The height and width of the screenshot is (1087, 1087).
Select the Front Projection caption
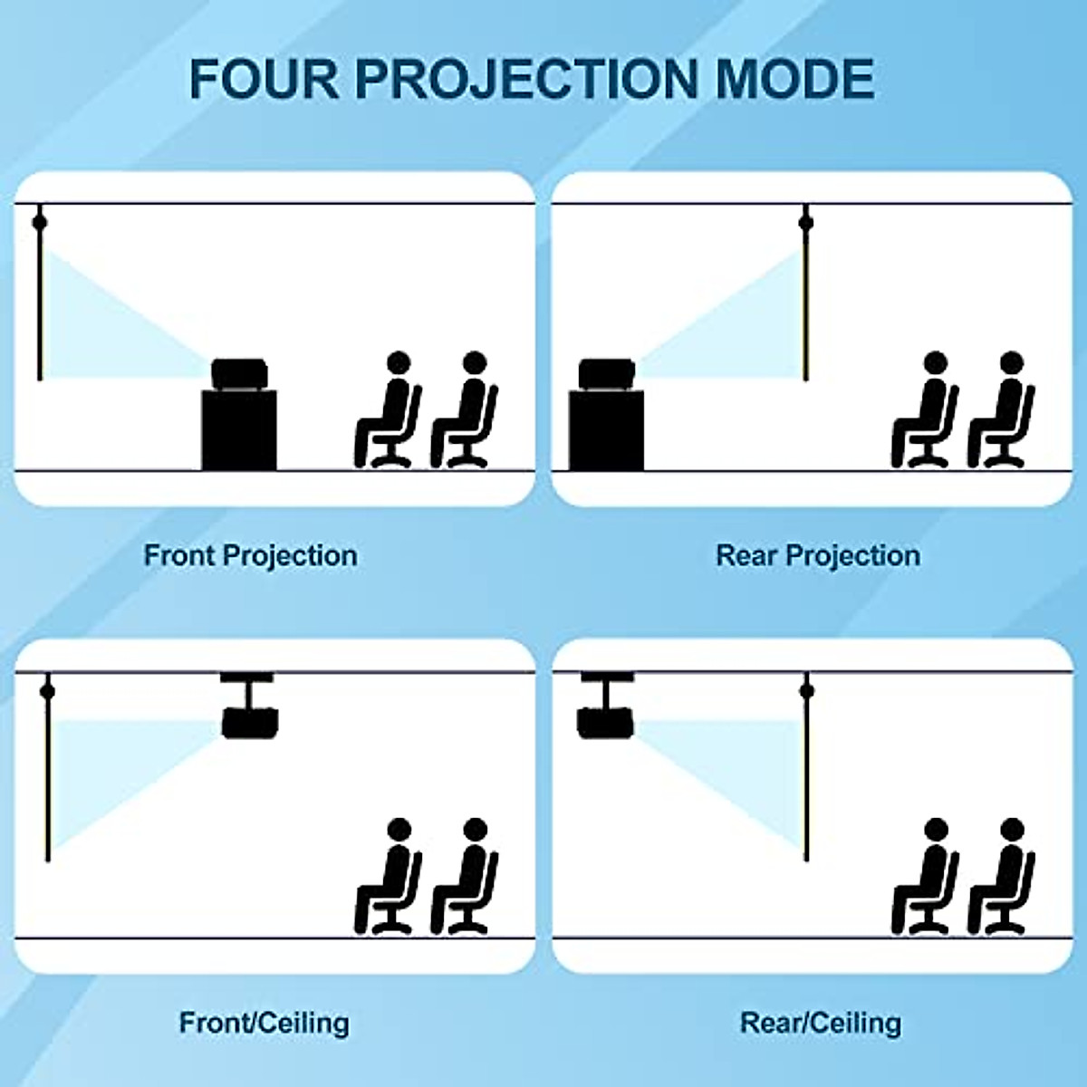[x=250, y=555]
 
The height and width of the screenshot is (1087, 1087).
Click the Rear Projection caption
[x=818, y=555]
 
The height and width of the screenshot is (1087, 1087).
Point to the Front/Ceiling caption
[x=264, y=1023]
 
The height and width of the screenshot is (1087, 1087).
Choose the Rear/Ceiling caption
[x=821, y=1023]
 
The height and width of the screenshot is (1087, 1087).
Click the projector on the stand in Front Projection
[x=243, y=374]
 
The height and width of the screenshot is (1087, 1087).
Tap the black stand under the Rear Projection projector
[x=606, y=430]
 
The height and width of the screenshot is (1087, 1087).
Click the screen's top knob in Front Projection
[x=39, y=222]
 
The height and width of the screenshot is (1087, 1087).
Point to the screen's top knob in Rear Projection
[x=805, y=222]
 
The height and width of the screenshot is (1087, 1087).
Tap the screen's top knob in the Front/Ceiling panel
[x=47, y=692]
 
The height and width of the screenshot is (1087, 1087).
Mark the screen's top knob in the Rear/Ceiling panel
[x=806, y=692]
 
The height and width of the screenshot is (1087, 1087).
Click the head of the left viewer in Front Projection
[x=398, y=363]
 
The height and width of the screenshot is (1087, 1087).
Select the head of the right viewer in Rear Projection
[x=1012, y=363]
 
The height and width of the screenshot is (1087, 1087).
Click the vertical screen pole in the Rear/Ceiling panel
[x=806, y=779]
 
